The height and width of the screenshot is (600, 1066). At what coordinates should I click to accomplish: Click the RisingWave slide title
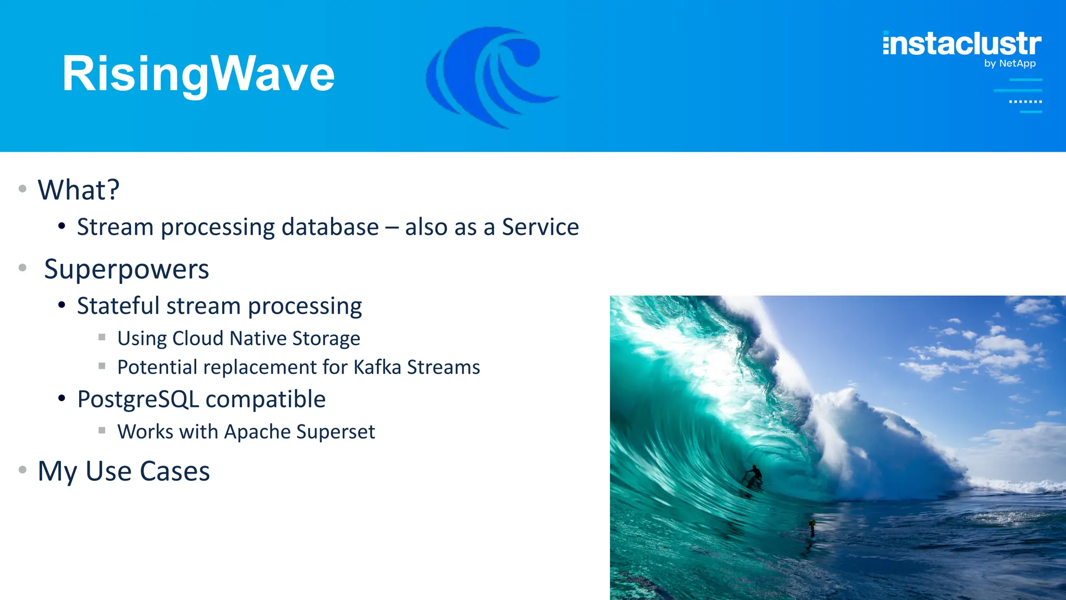[x=198, y=74]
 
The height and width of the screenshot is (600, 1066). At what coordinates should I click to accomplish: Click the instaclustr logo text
[x=962, y=44]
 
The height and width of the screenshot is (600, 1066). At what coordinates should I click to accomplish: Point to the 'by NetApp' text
[x=1009, y=64]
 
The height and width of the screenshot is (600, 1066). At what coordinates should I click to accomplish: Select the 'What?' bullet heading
[x=79, y=190]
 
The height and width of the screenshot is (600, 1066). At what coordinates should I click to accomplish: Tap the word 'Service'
[x=540, y=227]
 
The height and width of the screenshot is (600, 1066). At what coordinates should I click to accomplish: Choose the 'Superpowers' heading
[x=126, y=269]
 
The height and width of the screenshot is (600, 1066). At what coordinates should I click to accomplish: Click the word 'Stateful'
[x=118, y=306]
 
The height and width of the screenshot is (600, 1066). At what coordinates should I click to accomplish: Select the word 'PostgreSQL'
[x=138, y=399]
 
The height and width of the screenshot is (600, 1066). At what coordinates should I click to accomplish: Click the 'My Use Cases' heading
[x=124, y=471]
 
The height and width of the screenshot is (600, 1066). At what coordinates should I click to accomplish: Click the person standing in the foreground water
[x=811, y=527]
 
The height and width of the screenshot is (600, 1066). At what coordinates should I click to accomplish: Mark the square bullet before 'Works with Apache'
[x=102, y=430]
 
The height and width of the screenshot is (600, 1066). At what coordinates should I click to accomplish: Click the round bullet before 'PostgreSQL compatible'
[x=62, y=398]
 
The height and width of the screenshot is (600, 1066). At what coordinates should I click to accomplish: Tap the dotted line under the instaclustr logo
[x=1025, y=102]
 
